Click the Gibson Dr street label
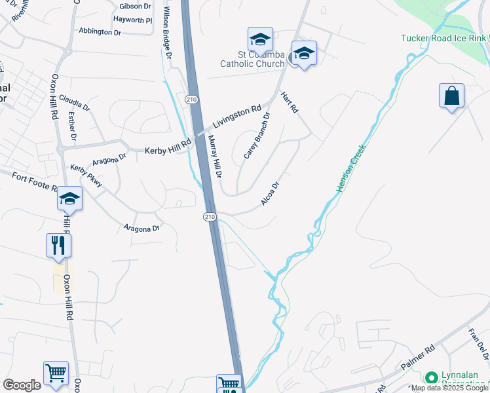135,7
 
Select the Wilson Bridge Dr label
168,35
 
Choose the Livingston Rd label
236,117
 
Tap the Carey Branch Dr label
256,136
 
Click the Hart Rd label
289,102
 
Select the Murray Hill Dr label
216,157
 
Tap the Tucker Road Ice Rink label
445,38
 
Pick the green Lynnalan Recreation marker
431,378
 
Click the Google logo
22,385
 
